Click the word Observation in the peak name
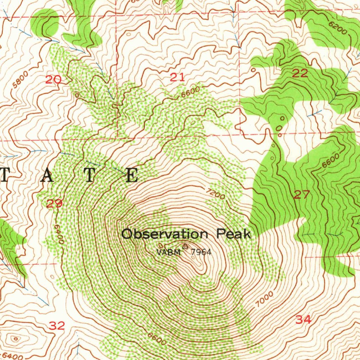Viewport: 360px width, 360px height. click(x=165, y=234)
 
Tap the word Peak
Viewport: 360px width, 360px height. click(x=233, y=234)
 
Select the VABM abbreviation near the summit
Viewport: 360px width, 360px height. click(x=169, y=252)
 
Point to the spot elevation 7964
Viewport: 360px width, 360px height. click(x=201, y=252)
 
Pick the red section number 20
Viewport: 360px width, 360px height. click(x=53, y=80)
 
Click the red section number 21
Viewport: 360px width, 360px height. click(x=177, y=77)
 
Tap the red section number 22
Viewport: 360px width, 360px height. click(x=300, y=73)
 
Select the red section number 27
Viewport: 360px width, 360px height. click(x=302, y=194)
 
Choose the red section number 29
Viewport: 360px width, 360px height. click(x=54, y=203)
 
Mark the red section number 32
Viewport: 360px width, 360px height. click(x=57, y=326)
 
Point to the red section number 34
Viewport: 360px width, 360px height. click(x=303, y=320)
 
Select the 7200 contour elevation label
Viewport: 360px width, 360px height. click(x=216, y=194)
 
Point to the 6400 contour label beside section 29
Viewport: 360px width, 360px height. click(x=59, y=234)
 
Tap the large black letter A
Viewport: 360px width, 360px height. click(x=47, y=175)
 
